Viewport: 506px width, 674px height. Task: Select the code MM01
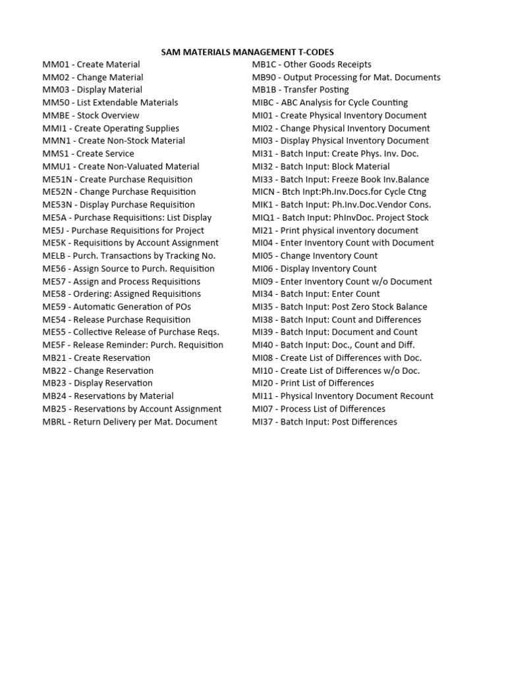(55, 65)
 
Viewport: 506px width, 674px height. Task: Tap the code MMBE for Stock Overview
(55, 116)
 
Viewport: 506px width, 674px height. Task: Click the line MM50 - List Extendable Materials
(110, 103)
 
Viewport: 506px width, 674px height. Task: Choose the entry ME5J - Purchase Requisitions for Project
(123, 230)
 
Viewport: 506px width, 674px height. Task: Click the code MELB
(55, 256)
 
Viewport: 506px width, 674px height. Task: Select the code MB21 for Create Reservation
(55, 358)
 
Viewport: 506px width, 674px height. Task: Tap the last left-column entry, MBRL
(55, 422)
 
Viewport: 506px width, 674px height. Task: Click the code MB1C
(265, 65)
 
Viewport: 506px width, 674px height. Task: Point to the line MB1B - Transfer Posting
(300, 90)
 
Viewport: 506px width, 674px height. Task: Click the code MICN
(265, 192)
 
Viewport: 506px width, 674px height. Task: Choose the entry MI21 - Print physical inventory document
(335, 230)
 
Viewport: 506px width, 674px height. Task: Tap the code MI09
(264, 282)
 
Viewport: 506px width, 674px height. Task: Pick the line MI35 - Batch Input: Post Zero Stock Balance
(339, 307)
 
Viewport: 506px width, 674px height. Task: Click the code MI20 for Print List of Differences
(264, 383)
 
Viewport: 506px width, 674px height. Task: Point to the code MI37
(264, 422)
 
